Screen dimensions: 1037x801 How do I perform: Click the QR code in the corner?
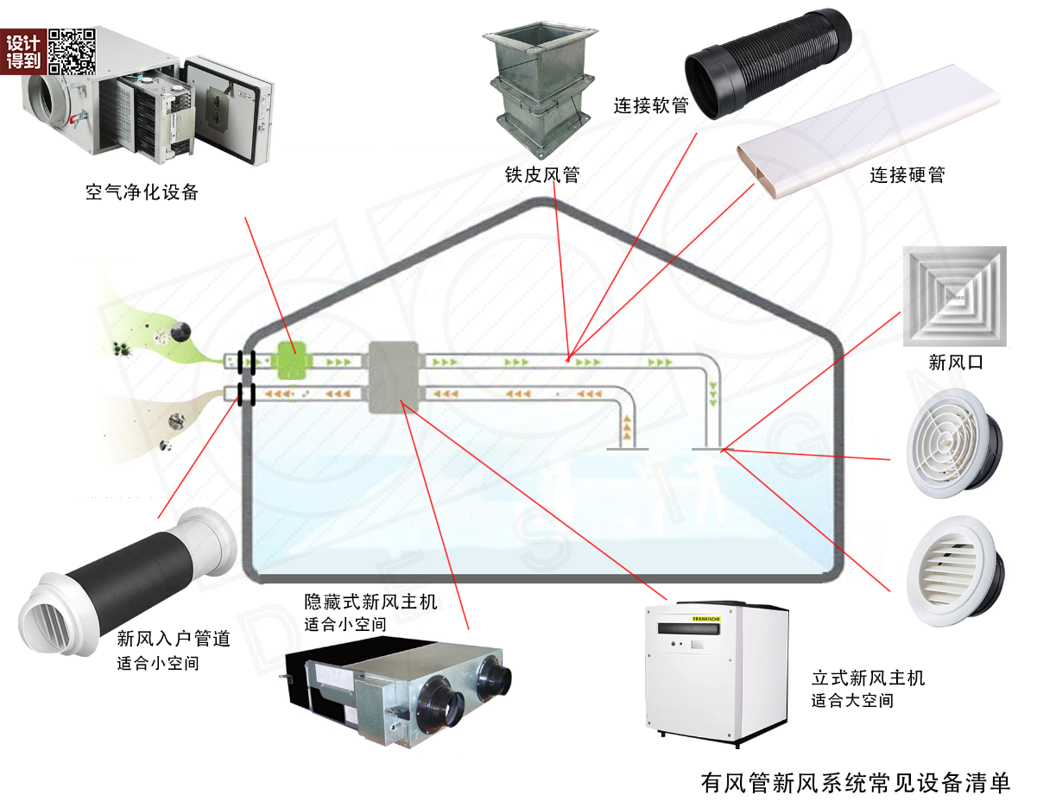[72, 52]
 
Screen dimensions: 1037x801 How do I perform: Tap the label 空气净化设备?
[142, 192]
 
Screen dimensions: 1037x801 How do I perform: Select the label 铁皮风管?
[542, 175]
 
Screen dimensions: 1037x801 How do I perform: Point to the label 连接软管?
[651, 105]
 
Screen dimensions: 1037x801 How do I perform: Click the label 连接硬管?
[907, 175]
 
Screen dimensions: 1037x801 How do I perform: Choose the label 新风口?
[955, 363]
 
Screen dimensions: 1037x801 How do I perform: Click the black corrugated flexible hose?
[768, 64]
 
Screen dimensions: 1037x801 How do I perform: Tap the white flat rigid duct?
[869, 132]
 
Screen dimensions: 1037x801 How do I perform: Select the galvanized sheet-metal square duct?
[541, 89]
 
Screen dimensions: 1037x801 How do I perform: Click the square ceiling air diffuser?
[955, 296]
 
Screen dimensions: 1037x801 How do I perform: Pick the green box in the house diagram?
[292, 361]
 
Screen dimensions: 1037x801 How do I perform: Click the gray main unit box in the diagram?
[394, 377]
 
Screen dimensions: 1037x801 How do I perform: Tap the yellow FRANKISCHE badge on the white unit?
[705, 619]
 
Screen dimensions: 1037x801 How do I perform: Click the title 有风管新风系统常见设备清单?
[855, 782]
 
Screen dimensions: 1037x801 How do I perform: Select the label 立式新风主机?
[869, 678]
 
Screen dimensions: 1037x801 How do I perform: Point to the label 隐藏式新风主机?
[370, 602]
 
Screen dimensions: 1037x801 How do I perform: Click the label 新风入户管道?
[174, 639]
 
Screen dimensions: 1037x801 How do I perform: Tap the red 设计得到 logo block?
[23, 52]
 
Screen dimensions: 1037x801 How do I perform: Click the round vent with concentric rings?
[954, 443]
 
